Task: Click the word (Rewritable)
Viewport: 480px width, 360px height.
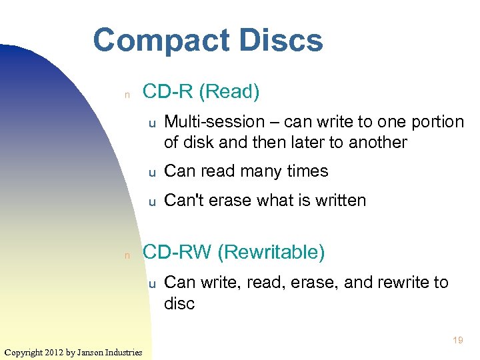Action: [271, 252]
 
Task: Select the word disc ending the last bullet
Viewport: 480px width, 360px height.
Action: [179, 304]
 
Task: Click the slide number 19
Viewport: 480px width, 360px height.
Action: [457, 341]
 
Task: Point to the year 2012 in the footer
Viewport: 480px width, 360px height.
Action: [55, 352]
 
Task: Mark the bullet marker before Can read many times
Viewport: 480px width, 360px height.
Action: [152, 173]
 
